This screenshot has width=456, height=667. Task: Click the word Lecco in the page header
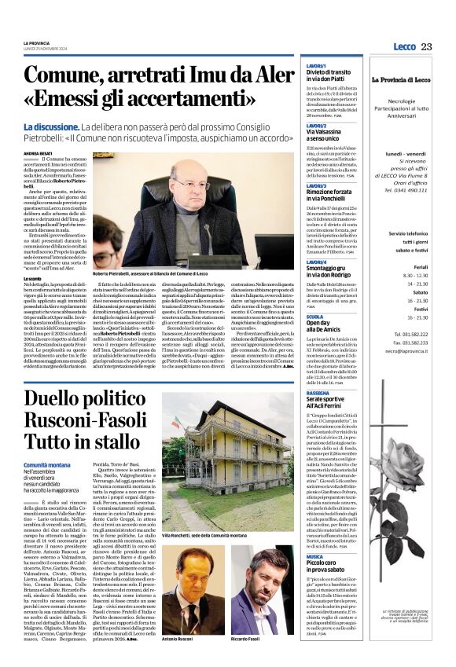point(404,46)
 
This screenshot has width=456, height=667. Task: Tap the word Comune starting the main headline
point(66,75)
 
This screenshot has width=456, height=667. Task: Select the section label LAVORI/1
point(294,66)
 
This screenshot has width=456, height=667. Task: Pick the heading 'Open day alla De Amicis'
point(305,327)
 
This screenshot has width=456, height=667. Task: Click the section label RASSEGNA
point(296,392)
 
